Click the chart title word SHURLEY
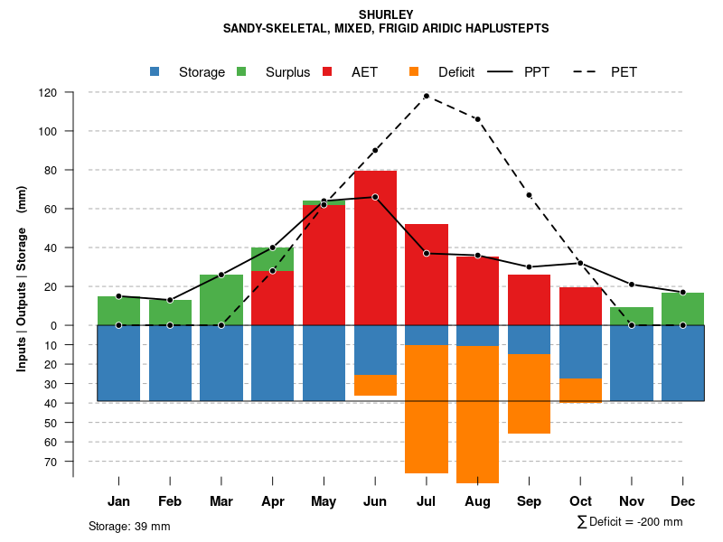click(386, 14)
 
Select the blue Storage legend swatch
click(155, 71)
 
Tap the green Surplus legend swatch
click(241, 71)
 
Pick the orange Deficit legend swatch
click(414, 71)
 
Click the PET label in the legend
click(624, 72)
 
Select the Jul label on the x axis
click(427, 501)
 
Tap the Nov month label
click(632, 501)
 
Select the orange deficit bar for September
click(529, 393)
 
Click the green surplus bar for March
click(221, 299)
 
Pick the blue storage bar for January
click(118, 362)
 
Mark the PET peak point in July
click(427, 96)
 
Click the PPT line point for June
click(375, 197)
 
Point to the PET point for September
click(529, 195)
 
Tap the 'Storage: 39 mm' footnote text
click(129, 526)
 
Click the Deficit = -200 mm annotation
click(630, 522)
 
